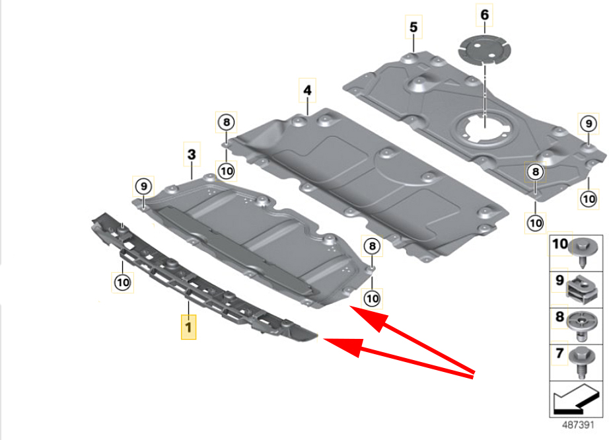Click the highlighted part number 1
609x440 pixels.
(x=188, y=326)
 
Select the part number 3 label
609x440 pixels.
(x=192, y=154)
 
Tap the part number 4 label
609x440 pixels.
(x=307, y=90)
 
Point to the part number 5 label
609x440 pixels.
(x=413, y=27)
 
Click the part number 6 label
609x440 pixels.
(x=485, y=15)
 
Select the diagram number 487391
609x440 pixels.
(x=578, y=424)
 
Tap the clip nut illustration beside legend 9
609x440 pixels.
(x=581, y=289)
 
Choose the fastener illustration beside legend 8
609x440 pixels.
(x=581, y=326)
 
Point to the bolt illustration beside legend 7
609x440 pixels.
(x=581, y=362)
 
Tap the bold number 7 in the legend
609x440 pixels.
(x=559, y=353)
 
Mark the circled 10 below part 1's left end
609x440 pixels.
(x=123, y=282)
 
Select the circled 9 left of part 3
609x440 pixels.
(x=144, y=186)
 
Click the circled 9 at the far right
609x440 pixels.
(x=589, y=124)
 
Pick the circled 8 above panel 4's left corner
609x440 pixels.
(x=227, y=122)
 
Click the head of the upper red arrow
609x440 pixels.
(x=367, y=317)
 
